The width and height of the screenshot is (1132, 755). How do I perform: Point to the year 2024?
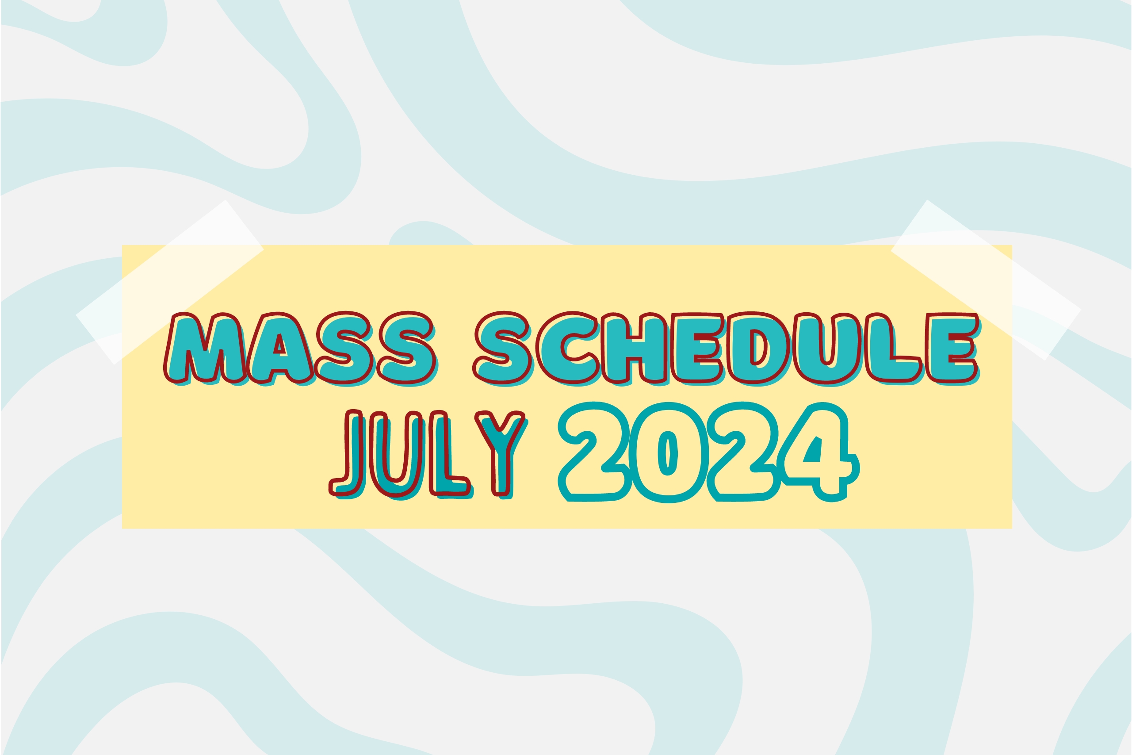pos(707,452)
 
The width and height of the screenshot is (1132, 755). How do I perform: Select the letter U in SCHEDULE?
pos(827,349)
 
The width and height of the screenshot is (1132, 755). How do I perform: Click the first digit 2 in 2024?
pos(594,452)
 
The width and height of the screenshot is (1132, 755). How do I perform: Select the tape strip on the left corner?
pos(169,282)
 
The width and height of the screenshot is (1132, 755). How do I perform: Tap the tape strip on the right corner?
pos(986,280)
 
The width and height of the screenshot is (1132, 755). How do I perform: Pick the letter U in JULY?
pos(398,455)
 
